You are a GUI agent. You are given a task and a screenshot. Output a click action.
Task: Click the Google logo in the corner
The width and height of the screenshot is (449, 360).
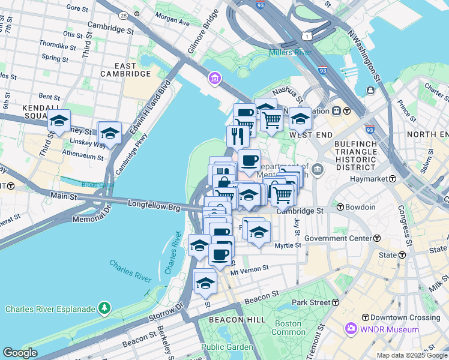(19, 353)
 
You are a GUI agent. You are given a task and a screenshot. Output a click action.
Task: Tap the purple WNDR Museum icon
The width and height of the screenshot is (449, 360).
(351, 329)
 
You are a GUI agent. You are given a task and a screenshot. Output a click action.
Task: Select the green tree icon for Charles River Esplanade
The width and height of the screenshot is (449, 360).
(105, 308)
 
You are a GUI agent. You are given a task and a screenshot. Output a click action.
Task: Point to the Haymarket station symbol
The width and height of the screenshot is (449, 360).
(392, 179)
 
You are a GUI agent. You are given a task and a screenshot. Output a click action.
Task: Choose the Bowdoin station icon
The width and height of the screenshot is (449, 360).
(340, 207)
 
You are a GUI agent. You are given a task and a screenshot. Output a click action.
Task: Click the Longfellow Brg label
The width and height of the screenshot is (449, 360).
(154, 205)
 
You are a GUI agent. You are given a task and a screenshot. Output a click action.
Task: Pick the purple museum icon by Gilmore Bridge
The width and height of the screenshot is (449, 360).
(214, 78)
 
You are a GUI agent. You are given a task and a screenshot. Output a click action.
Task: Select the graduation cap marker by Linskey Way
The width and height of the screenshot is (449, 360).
(109, 133)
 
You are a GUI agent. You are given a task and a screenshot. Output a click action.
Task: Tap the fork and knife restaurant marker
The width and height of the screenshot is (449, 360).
(238, 136)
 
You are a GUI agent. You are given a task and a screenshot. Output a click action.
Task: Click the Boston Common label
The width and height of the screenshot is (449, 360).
(289, 328)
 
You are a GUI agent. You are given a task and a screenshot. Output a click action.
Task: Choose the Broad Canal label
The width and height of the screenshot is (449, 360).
(97, 185)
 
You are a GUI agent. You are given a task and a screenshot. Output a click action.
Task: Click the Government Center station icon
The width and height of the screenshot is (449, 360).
(377, 238)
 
